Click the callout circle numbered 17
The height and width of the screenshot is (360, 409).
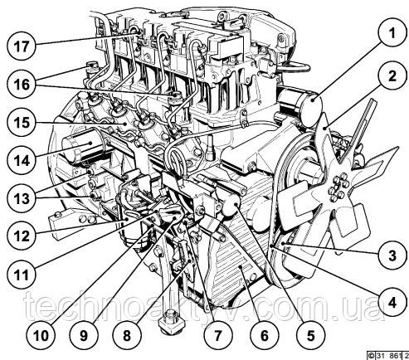pos(22,46)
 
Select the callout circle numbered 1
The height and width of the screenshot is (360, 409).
pos(392,32)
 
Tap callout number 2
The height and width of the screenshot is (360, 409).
pos(392,75)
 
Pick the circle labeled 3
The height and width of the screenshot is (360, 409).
pos(392,255)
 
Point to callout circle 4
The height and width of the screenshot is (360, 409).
pos(392,302)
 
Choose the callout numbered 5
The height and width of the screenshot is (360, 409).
pos(310,335)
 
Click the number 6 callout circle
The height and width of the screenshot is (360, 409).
pos(264,335)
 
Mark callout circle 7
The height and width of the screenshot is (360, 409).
pos(218,335)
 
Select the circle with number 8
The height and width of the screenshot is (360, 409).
pos(127,335)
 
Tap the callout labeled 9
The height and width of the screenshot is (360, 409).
pos(84,335)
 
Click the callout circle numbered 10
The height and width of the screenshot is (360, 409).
pos(41,335)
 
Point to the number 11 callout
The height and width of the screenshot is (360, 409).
pos(22,275)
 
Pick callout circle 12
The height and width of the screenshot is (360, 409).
pos(22,236)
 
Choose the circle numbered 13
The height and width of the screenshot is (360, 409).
pos(22,198)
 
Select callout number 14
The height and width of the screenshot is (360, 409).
pos(22,160)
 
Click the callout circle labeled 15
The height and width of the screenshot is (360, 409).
pos(22,123)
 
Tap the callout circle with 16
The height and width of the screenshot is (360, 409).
pos(22,84)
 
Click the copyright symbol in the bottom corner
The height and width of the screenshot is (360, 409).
pos(370,355)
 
